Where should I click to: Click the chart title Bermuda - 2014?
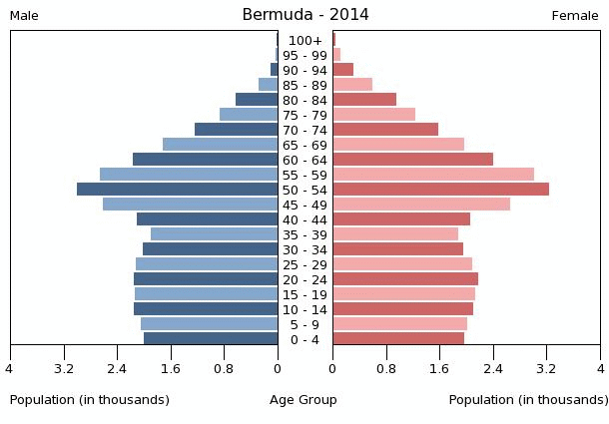click(x=304, y=15)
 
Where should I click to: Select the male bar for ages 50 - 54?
click(x=178, y=190)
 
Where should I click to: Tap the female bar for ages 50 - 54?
click(x=440, y=190)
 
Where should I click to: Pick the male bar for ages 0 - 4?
click(x=211, y=339)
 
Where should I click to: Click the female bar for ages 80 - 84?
click(x=364, y=100)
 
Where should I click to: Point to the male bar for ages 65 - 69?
click(x=220, y=145)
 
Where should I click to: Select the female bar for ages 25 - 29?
click(x=402, y=264)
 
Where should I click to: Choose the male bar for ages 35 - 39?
click(x=214, y=234)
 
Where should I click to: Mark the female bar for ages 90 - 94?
click(x=342, y=70)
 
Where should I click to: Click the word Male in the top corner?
click(x=24, y=16)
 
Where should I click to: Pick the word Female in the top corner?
click(x=575, y=16)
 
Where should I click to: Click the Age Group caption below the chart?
click(x=304, y=400)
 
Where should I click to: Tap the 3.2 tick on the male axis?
click(x=65, y=368)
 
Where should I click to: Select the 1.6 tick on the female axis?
click(x=439, y=368)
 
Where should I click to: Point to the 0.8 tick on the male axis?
click(x=225, y=368)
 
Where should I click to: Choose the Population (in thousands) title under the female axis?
click(x=528, y=400)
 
